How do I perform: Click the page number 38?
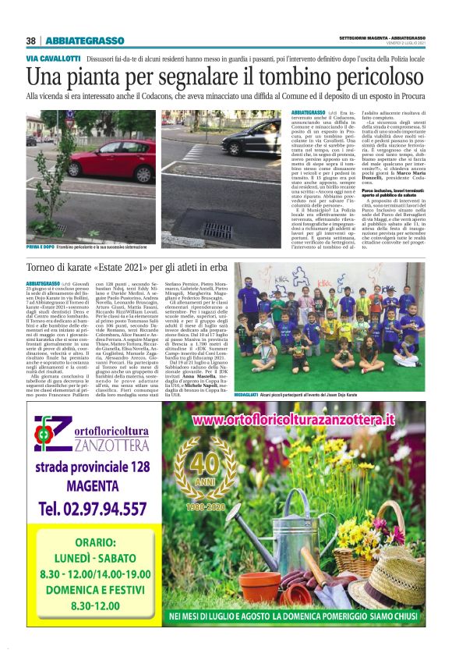tap(30, 41)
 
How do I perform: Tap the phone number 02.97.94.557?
tap(92, 509)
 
